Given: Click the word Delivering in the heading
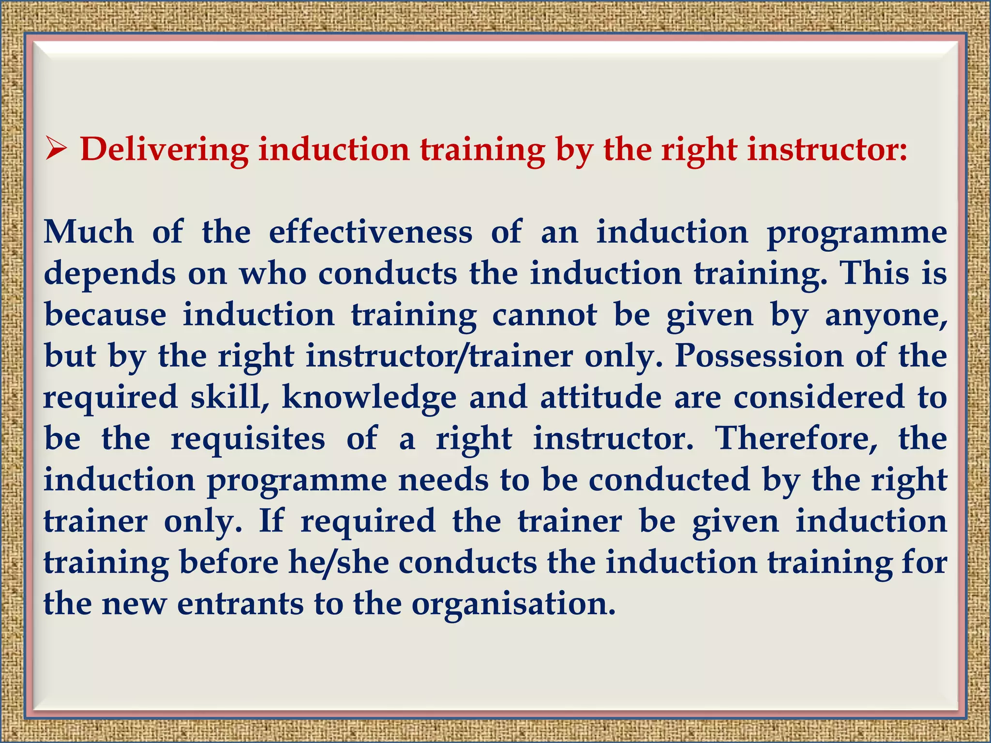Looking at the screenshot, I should (x=164, y=149).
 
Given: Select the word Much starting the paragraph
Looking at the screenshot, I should (x=89, y=232).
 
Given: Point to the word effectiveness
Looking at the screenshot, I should (x=371, y=232).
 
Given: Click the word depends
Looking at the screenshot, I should (x=110, y=274).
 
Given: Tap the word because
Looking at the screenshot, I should (x=105, y=315).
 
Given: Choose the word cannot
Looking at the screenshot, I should (x=544, y=315).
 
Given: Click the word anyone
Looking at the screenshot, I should (x=886, y=316).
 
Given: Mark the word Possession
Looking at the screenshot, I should (x=759, y=357).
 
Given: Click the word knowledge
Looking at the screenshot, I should (x=369, y=398).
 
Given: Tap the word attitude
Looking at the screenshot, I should (x=601, y=398).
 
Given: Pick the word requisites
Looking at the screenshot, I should (x=248, y=439).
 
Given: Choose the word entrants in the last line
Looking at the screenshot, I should (x=240, y=604).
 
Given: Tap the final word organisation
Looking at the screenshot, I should (x=513, y=604).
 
